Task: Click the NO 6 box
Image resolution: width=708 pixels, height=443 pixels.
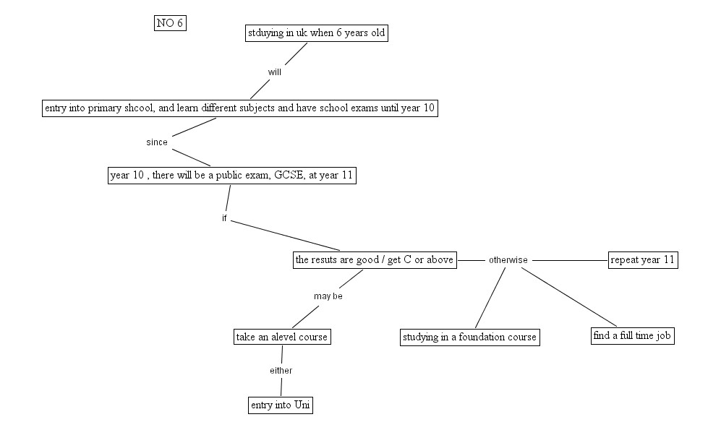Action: click(170, 23)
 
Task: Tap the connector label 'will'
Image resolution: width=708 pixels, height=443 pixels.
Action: click(275, 72)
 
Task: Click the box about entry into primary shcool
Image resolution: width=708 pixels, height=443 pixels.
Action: click(239, 108)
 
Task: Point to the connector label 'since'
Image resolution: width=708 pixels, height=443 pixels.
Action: click(157, 142)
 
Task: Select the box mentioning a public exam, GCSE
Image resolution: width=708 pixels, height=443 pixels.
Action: click(231, 176)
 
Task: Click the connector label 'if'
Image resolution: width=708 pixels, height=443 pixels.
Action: click(225, 218)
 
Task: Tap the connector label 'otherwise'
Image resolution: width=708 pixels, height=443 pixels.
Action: click(508, 260)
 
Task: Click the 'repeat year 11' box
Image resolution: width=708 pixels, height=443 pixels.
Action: click(644, 260)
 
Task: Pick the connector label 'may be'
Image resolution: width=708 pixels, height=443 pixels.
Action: click(328, 296)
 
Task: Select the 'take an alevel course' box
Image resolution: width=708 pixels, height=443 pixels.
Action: click(282, 337)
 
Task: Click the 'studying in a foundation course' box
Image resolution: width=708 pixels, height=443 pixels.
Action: click(470, 337)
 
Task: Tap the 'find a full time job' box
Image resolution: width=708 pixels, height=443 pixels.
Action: click(633, 336)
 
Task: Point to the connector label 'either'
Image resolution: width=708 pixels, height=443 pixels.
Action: click(281, 371)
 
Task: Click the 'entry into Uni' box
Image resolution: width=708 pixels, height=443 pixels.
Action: click(281, 405)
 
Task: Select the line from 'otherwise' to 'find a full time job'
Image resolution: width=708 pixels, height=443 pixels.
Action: click(570, 298)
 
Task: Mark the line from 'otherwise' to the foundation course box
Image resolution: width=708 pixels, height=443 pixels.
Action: click(490, 298)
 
